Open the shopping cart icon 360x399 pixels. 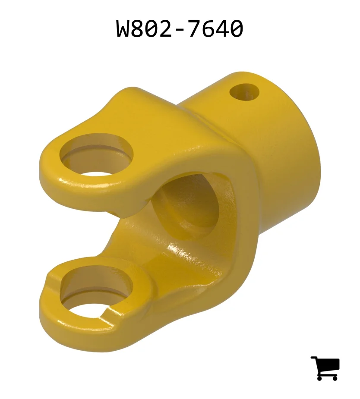[x=325, y=368]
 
